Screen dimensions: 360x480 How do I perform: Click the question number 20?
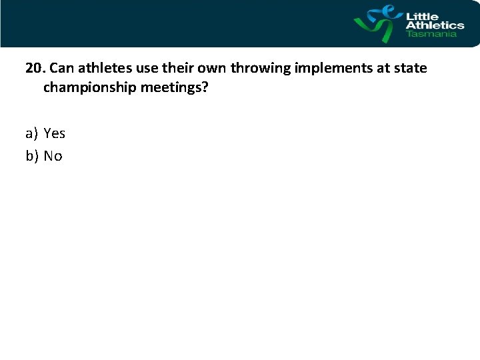[35, 69]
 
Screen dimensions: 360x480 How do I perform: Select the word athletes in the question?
[105, 69]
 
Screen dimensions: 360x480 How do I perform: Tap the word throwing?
[259, 69]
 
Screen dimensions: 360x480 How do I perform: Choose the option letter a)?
[32, 134]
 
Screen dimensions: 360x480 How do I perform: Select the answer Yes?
[55, 134]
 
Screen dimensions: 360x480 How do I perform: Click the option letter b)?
[32, 157]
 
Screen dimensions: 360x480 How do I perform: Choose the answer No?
[53, 157]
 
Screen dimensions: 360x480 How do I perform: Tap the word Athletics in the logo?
[435, 25]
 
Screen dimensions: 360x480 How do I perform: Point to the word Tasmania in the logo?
[432, 34]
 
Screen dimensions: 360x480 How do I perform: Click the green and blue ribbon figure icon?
[377, 24]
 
